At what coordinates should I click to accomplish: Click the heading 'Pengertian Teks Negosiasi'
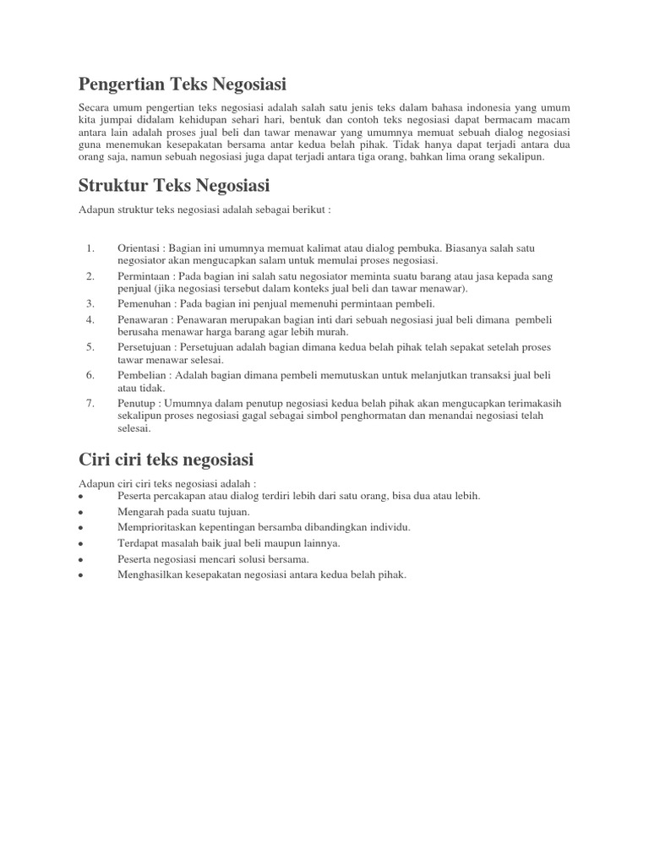pyautogui.click(x=183, y=84)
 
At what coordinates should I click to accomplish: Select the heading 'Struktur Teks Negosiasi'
pyautogui.click(x=174, y=185)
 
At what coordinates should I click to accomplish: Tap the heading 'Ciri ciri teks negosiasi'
pyautogui.click(x=166, y=460)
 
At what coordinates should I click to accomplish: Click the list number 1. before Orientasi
pyautogui.click(x=90, y=248)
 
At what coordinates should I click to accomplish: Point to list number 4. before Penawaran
pyautogui.click(x=90, y=320)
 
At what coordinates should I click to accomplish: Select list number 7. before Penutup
pyautogui.click(x=90, y=403)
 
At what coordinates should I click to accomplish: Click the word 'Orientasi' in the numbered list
pyautogui.click(x=139, y=248)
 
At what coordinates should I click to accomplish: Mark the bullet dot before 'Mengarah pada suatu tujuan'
pyautogui.click(x=79, y=513)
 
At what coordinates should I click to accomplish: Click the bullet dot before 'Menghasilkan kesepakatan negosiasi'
pyautogui.click(x=79, y=576)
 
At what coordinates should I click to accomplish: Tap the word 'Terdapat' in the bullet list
pyautogui.click(x=138, y=543)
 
